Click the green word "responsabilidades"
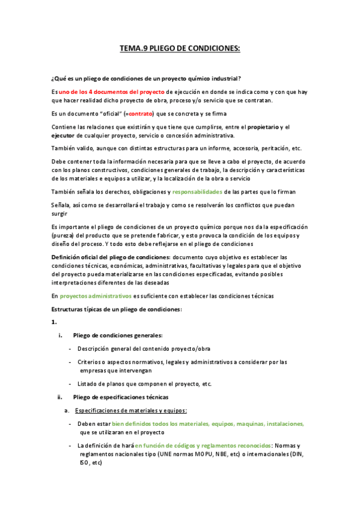pyautogui.click(x=197, y=191)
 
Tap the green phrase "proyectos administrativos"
pyautogui.click(x=96, y=296)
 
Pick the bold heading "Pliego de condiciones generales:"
pyautogui.click(x=118, y=335)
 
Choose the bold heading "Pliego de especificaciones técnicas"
pyautogui.click(x=121, y=398)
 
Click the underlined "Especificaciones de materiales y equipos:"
pyautogui.click(x=131, y=411)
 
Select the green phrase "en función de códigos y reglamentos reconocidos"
pyautogui.click(x=203, y=446)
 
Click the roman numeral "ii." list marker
pyautogui.click(x=59, y=398)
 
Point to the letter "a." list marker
pyautogui.click(x=67, y=411)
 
